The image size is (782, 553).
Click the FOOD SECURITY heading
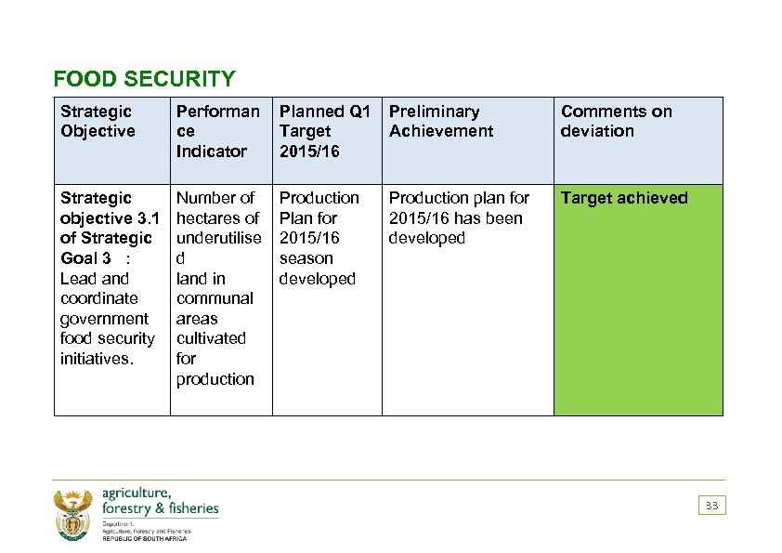tap(144, 79)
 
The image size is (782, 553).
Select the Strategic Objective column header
tap(98, 122)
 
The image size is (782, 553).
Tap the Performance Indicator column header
tap(217, 131)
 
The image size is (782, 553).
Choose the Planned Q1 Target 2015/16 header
tap(324, 131)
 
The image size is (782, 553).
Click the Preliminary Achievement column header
tap(440, 122)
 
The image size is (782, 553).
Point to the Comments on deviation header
tap(616, 122)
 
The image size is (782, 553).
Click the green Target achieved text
tap(624, 198)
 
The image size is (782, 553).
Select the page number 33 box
tap(711, 506)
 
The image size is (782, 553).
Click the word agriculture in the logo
tap(136, 493)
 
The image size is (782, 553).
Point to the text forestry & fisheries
tap(160, 508)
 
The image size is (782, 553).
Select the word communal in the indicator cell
tap(214, 298)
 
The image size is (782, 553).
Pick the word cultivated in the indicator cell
tap(211, 338)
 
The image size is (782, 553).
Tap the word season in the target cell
tap(306, 258)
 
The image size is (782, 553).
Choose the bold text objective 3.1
tap(110, 218)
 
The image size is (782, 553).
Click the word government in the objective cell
tap(103, 319)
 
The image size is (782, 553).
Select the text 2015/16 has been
tap(455, 218)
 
